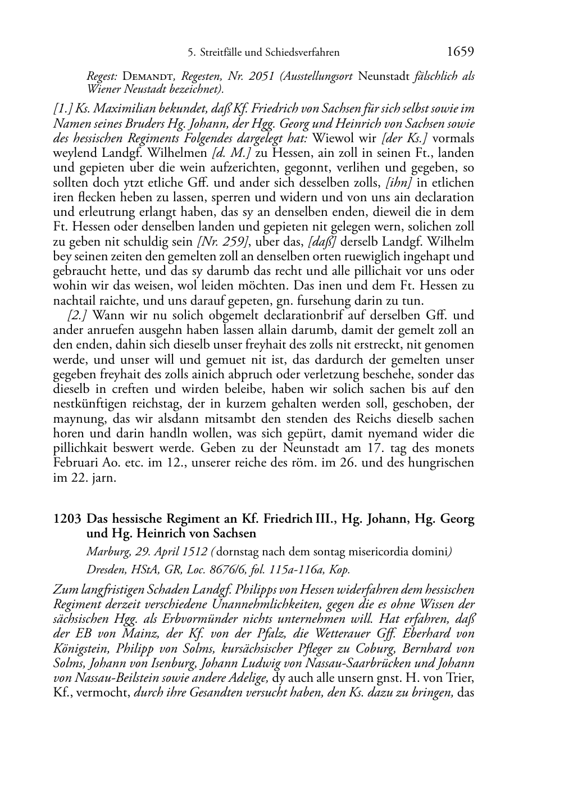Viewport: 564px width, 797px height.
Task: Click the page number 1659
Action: (461, 52)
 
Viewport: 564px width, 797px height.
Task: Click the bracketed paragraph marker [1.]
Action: (62, 108)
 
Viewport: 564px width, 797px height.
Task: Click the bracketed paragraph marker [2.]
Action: (76, 315)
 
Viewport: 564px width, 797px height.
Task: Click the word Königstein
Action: (83, 649)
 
